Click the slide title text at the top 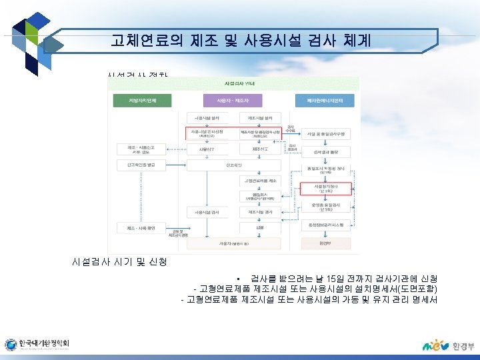click(x=241, y=41)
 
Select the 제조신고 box click(x=259, y=149)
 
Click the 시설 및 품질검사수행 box click(x=325, y=133)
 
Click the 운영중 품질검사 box click(x=325, y=207)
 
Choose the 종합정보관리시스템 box click(x=325, y=225)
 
